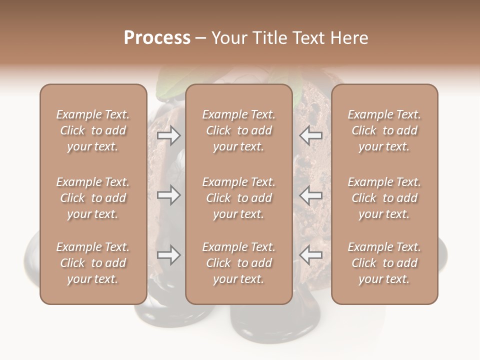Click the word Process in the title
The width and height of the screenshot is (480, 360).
pyautogui.click(x=157, y=38)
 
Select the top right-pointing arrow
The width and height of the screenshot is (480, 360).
pyautogui.click(x=169, y=135)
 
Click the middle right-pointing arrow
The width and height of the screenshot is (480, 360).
pyautogui.click(x=169, y=195)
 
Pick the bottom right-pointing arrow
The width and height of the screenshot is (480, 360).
pyautogui.click(x=169, y=255)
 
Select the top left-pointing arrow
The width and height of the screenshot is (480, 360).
pyautogui.click(x=311, y=135)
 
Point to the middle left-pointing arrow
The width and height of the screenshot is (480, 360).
pyautogui.click(x=311, y=195)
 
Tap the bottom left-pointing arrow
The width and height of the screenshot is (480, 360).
pyautogui.click(x=311, y=255)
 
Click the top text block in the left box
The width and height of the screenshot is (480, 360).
pyautogui.click(x=93, y=130)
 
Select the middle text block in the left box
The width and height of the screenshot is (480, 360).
pyautogui.click(x=93, y=198)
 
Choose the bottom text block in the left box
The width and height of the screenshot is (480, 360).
pyautogui.click(x=93, y=263)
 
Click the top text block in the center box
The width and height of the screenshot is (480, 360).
pyautogui.click(x=239, y=130)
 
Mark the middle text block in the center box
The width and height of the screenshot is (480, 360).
pyautogui.click(x=239, y=198)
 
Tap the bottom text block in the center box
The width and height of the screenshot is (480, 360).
pyautogui.click(x=239, y=263)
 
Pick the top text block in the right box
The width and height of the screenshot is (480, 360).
pyautogui.click(x=384, y=130)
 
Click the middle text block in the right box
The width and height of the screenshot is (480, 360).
pyautogui.click(x=384, y=198)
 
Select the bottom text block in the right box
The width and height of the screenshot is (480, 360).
pyautogui.click(x=384, y=263)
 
